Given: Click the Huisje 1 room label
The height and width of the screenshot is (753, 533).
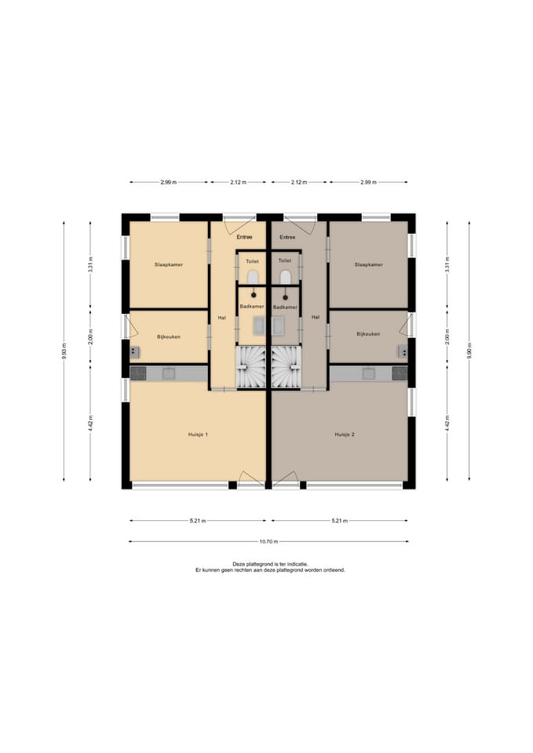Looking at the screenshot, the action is (x=198, y=435).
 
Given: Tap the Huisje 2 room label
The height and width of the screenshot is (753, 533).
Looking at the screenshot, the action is (x=345, y=435).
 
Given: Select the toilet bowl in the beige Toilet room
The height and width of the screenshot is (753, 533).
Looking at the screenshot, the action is (x=253, y=277).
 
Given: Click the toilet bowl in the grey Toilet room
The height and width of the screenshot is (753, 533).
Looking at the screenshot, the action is (x=286, y=277).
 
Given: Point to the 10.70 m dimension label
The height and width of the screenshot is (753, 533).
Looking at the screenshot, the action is (x=268, y=542).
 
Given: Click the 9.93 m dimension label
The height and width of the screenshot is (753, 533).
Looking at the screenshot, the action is (x=64, y=351).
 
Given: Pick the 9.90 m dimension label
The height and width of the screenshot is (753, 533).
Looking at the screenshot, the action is (x=469, y=351).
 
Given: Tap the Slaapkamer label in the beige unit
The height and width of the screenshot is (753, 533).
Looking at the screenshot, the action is (x=169, y=264).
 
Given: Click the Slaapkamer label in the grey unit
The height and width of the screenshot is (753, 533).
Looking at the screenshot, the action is (x=369, y=264).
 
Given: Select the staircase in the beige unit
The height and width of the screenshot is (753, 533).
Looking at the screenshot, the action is (x=250, y=367).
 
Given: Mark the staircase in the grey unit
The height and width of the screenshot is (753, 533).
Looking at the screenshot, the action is (x=287, y=367).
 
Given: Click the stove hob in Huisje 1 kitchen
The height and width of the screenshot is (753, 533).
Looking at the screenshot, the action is (x=138, y=373).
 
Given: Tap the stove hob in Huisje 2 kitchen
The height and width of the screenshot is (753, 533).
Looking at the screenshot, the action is (x=400, y=373).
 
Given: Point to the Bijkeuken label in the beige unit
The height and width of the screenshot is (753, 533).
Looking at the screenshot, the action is (x=169, y=337).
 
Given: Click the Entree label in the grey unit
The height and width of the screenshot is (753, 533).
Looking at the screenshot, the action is (x=287, y=237).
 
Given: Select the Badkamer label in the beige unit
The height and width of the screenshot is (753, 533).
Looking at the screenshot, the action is (x=252, y=307).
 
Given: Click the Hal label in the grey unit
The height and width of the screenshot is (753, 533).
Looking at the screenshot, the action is (x=316, y=317).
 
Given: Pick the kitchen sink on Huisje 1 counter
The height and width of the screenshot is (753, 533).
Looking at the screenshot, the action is (x=168, y=373).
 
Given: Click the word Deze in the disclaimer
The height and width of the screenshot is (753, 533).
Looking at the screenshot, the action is (x=238, y=564).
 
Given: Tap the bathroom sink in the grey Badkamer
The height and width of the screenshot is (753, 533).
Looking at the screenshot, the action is (x=279, y=326).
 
